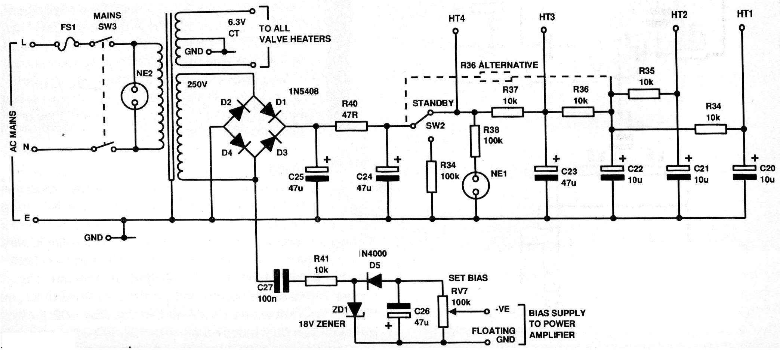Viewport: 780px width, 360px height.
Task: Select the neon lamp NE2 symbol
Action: point(135,96)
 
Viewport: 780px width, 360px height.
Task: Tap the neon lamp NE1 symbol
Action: point(476,185)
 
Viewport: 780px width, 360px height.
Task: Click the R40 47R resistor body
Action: point(351,126)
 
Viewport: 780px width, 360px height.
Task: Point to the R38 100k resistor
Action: point(475,141)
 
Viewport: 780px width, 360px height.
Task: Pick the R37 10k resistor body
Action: point(507,112)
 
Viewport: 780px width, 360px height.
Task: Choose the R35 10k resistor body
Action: point(644,93)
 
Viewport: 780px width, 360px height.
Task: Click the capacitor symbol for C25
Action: point(317,174)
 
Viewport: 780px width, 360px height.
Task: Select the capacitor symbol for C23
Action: point(546,173)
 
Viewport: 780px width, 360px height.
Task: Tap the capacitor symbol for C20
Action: point(744,172)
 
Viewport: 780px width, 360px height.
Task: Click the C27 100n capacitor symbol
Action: point(281,281)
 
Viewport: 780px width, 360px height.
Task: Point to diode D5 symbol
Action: point(374,281)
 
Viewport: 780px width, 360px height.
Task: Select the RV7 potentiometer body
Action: point(443,311)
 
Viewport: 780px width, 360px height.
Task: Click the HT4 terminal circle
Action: point(456,31)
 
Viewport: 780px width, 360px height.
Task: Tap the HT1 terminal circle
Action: point(742,28)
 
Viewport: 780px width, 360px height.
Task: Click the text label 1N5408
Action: point(303,91)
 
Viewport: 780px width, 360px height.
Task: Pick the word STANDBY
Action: point(433,103)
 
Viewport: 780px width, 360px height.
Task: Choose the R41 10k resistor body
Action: point(321,281)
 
